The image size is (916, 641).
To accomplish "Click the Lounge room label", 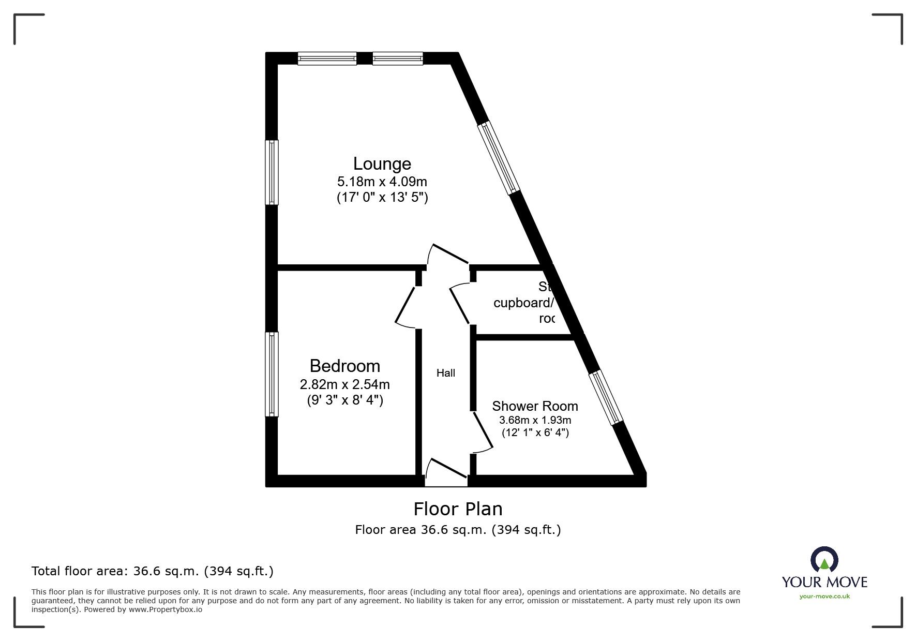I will [382, 164].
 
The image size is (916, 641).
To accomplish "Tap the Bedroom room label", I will [344, 366].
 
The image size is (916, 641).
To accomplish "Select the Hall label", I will [445, 373].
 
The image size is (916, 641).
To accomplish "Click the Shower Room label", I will [535, 406].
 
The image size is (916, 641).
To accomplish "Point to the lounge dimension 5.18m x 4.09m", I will [382, 182].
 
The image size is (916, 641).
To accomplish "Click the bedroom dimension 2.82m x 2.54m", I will [344, 384].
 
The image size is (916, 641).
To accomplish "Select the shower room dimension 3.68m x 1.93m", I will [535, 420].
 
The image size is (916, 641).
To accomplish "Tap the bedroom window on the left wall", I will [272, 374].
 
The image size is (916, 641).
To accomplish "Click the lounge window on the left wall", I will [272, 172].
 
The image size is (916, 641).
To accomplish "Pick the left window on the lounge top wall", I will [327, 58].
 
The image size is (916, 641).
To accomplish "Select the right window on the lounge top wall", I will [397, 58].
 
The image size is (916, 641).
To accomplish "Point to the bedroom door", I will [406, 306].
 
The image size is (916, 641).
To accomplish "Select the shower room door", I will [482, 431].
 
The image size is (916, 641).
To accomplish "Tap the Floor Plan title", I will [458, 509].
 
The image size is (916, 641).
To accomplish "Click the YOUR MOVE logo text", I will [824, 582].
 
